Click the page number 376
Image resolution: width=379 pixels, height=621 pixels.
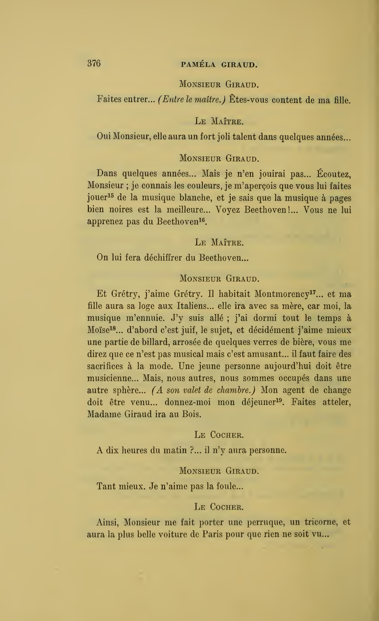[x=94, y=63]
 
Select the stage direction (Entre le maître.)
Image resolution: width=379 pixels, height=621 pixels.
[x=192, y=100]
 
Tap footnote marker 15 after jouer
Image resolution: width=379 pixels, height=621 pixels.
[x=110, y=195]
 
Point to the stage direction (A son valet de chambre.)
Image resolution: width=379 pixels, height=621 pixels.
[x=203, y=390]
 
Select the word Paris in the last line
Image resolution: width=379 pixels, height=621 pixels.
[x=212, y=534]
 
